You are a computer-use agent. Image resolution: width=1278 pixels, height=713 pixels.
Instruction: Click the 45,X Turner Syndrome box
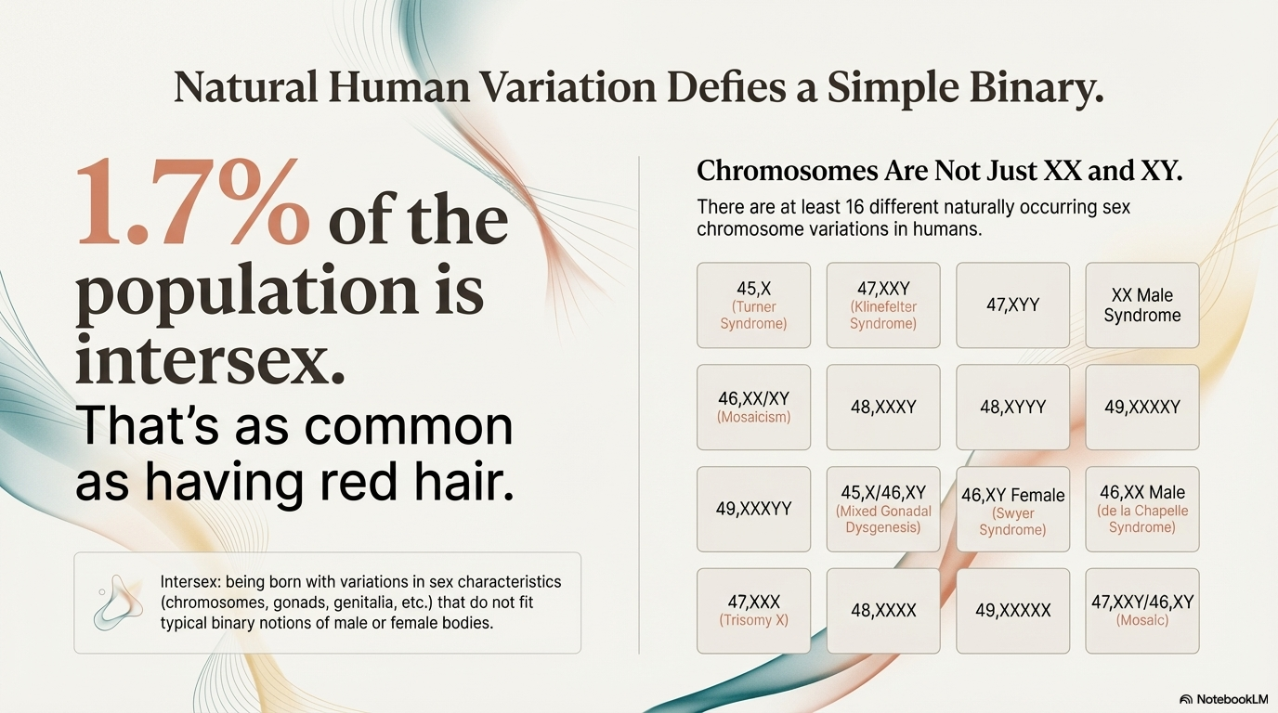click(x=753, y=305)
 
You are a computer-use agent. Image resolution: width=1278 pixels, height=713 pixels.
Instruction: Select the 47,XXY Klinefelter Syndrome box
click(x=882, y=305)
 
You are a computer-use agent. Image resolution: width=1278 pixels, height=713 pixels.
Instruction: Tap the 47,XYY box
click(x=1012, y=305)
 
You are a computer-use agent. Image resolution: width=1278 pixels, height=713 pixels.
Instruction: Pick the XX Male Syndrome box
click(x=1141, y=305)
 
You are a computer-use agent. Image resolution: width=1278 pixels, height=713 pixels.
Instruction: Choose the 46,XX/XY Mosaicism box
click(x=753, y=408)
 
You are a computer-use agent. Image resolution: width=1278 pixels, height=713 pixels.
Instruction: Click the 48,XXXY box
click(x=882, y=408)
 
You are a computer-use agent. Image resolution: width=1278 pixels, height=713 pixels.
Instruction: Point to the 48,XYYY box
click(x=1012, y=408)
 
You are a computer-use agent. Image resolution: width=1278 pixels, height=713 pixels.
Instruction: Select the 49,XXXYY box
click(x=753, y=509)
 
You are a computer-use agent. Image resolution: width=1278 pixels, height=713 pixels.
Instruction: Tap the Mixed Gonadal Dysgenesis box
click(x=882, y=509)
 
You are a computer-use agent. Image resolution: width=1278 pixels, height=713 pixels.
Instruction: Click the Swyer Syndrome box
click(x=1012, y=509)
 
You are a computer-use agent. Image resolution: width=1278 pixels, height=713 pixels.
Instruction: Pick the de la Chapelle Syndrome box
click(x=1141, y=509)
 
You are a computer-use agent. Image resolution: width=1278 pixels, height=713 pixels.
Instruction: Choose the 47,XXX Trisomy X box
click(x=753, y=610)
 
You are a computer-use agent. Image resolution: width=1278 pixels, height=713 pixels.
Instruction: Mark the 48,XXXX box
click(x=882, y=610)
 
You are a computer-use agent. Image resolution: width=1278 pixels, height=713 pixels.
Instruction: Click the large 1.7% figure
click(x=193, y=203)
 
